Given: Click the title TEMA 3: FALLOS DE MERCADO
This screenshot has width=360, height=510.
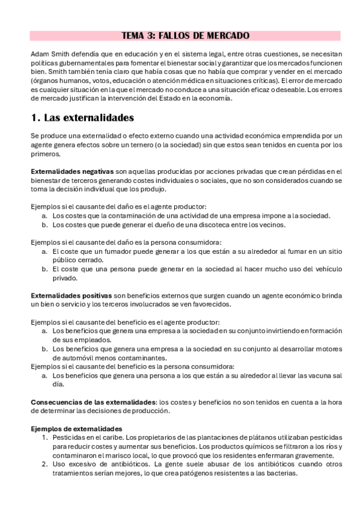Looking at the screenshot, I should pyautogui.click(x=186, y=36).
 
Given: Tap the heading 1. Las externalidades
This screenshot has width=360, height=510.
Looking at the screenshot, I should pyautogui.click(x=82, y=117).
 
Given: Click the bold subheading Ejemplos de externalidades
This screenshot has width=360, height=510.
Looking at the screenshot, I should pyautogui.click(x=76, y=428).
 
